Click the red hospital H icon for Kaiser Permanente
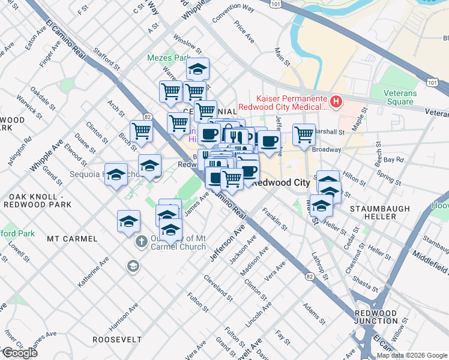point(336,102)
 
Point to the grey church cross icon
point(141,243)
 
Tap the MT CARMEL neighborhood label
point(72,239)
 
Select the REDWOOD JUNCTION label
point(375,317)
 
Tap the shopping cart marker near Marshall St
point(304,134)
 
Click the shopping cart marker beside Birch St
point(141,130)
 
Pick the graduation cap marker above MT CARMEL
point(128,221)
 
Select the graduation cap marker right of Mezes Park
point(197,69)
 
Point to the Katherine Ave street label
point(92,272)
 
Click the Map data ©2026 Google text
point(411,355)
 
